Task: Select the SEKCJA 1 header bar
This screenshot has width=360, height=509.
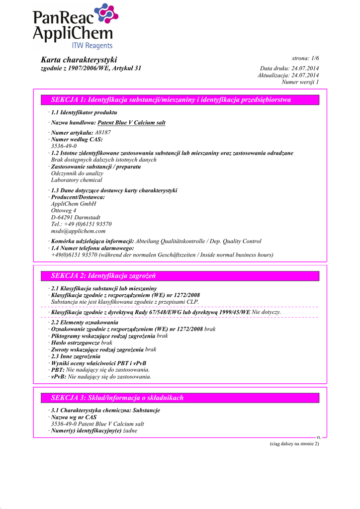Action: click(180, 100)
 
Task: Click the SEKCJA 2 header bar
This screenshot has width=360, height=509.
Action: click(180, 275)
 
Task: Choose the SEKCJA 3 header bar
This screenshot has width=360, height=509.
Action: click(180, 398)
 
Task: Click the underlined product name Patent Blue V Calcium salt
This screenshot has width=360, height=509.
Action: click(131, 123)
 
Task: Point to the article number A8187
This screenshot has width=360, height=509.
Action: click(103, 133)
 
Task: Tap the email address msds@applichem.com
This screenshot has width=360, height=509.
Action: click(79, 231)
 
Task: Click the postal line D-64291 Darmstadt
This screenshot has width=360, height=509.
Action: click(76, 217)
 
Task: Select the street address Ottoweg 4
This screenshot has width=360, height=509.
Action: click(64, 210)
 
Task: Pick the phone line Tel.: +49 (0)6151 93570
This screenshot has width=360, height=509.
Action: click(82, 224)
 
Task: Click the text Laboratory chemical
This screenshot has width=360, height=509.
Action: click(77, 180)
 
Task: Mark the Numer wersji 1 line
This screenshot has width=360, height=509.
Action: click(300, 82)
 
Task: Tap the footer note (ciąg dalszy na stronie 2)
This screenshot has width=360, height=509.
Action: click(291, 443)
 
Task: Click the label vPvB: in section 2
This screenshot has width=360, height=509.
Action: click(58, 377)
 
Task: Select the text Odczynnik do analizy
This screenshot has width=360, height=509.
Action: click(77, 173)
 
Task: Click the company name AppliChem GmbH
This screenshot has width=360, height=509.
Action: click(74, 204)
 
